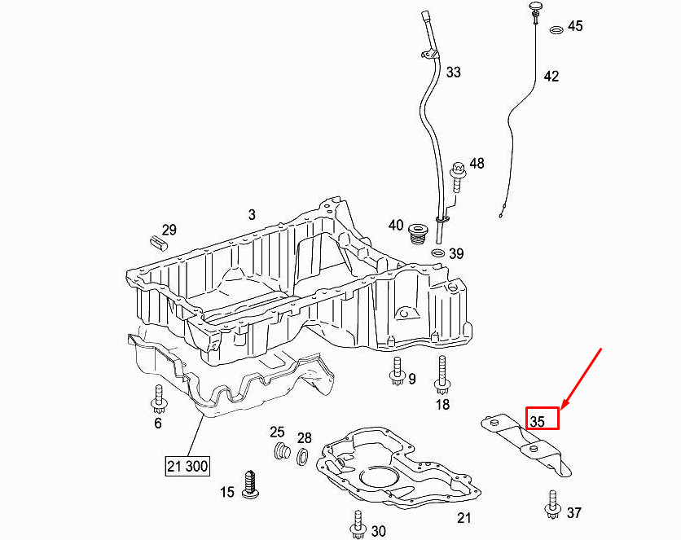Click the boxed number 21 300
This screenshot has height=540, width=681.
tap(187, 466)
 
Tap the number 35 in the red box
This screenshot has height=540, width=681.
tap(538, 421)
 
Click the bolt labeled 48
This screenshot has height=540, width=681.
tap(458, 177)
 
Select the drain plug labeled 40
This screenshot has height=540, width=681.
tap(419, 235)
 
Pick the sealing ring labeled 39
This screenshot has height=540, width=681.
tap(437, 252)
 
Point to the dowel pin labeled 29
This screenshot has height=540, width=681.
tap(159, 242)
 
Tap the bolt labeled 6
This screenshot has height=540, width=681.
tap(159, 398)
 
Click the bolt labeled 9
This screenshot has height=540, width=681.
tap(398, 371)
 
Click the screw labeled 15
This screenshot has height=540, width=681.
tap(251, 484)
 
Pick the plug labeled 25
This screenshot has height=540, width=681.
tap(283, 451)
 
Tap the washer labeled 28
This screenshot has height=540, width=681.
tap(303, 456)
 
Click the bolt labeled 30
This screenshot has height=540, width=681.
tap(358, 524)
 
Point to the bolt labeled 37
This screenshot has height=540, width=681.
tap(552, 505)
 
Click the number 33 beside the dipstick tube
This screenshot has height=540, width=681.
tap(454, 72)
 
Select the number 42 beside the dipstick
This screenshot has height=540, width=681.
tap(551, 77)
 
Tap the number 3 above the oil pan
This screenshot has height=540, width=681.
tap(252, 214)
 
